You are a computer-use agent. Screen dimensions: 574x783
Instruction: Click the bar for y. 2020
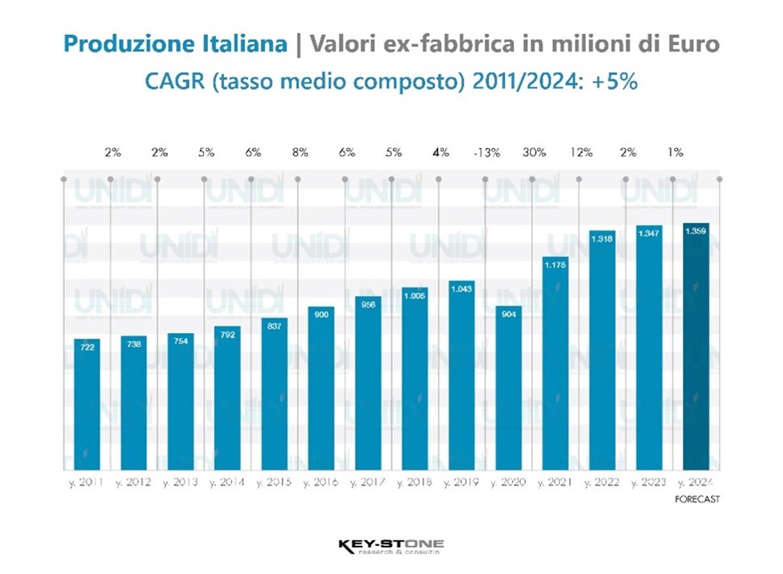pos(509,389)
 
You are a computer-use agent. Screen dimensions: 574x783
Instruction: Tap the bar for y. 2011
pos(87,405)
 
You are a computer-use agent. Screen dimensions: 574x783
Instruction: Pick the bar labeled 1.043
pos(462,376)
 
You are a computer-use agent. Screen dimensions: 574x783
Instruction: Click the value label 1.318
pos(602,239)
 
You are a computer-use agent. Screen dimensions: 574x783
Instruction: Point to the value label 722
pos(87,348)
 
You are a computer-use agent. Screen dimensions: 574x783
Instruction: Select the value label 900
pos(321,315)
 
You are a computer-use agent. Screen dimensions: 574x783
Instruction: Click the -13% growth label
pos(487,153)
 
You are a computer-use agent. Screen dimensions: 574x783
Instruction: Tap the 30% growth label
pos(534,153)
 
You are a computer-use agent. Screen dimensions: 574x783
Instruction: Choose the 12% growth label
pos(582,153)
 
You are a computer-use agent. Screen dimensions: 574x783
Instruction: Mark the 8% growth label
pos(300,153)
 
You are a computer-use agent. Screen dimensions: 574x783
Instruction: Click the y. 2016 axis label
pos(321,482)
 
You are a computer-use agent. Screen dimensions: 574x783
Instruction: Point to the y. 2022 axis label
pos(603,482)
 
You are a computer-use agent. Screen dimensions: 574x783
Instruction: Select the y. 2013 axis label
pos(180,482)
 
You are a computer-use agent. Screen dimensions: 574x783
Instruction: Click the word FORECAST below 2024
pos(697,499)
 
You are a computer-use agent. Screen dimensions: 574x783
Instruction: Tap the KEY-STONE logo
pos(391,547)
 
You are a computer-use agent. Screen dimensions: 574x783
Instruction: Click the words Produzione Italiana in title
pos(175,45)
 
